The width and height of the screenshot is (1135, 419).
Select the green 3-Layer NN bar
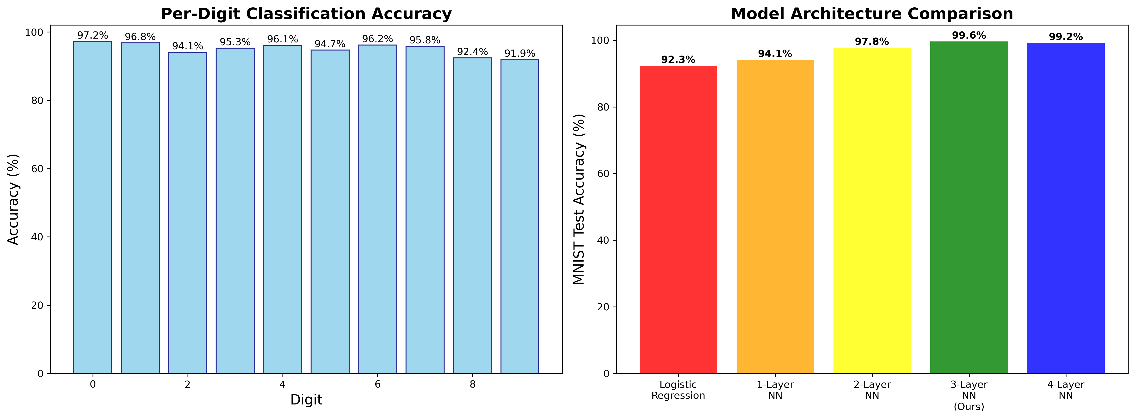pyautogui.click(x=969, y=207)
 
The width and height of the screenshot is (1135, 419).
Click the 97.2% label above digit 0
pyautogui.click(x=93, y=35)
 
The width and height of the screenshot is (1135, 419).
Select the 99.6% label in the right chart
pyautogui.click(x=969, y=35)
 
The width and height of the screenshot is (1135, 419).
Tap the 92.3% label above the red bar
pyautogui.click(x=678, y=60)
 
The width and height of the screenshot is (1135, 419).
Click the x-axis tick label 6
pyautogui.click(x=378, y=384)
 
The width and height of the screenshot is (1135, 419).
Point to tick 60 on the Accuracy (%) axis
pyautogui.click(x=38, y=169)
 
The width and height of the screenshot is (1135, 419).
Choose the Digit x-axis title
pyautogui.click(x=306, y=400)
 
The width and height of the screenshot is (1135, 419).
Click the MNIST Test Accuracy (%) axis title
pyautogui.click(x=579, y=199)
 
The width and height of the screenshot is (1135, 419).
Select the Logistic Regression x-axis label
pyautogui.click(x=678, y=390)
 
